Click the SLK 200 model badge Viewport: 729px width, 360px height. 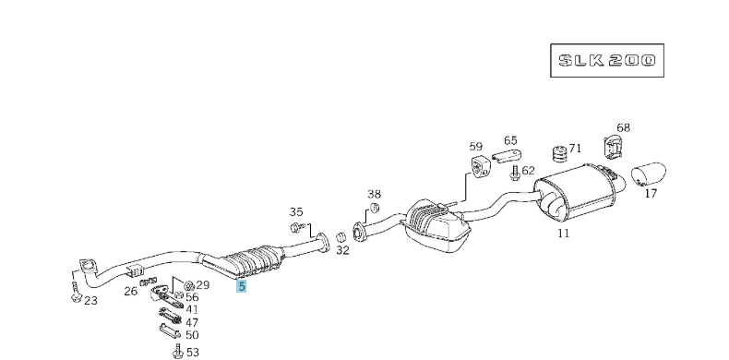pyautogui.click(x=607, y=62)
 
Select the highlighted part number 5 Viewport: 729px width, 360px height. pyautogui.click(x=241, y=287)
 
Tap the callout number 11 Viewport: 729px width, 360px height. pyautogui.click(x=563, y=233)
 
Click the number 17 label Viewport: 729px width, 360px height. pyautogui.click(x=651, y=194)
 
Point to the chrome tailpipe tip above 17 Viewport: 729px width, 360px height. pyautogui.click(x=651, y=174)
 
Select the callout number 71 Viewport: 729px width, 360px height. pyautogui.click(x=575, y=148)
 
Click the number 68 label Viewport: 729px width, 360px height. pyautogui.click(x=623, y=127)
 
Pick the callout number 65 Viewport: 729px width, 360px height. pyautogui.click(x=510, y=140)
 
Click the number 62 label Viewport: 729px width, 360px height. pyautogui.click(x=528, y=170)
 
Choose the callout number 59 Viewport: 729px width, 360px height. pyautogui.click(x=475, y=146)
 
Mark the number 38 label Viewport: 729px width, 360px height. pyautogui.click(x=374, y=194)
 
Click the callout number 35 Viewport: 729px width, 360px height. pyautogui.click(x=296, y=211)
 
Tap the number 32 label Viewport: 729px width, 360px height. pyautogui.click(x=342, y=249)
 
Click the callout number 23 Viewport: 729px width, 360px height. pyautogui.click(x=90, y=300)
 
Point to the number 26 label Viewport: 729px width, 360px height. pyautogui.click(x=130, y=292)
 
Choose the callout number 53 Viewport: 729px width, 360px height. pyautogui.click(x=192, y=352)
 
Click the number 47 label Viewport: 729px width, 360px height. pyautogui.click(x=192, y=322)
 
